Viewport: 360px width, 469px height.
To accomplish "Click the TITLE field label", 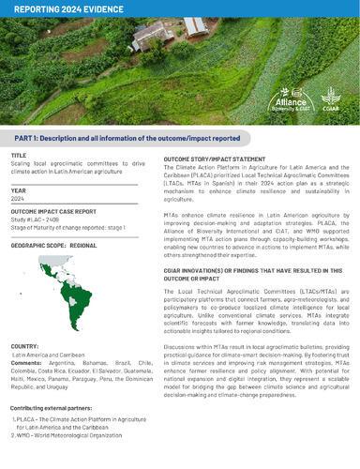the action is pyautogui.click(x=19, y=155).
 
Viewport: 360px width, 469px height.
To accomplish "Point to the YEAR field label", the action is pyautogui.click(x=19, y=190).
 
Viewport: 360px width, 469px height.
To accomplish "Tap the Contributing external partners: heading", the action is pyautogui.click(x=55, y=410).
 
